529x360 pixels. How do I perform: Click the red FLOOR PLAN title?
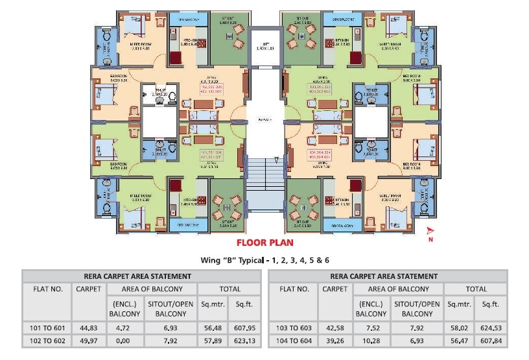point(264,243)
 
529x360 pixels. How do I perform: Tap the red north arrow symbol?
point(429,233)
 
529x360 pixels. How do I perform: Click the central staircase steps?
point(264,178)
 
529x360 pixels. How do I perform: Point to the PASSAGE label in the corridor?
point(264,120)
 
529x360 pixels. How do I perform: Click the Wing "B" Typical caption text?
point(264,260)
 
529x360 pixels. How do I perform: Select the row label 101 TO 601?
point(47,328)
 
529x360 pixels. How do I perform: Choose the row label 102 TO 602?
point(47,341)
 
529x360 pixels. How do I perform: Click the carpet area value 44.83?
point(88,328)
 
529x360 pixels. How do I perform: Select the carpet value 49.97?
point(88,341)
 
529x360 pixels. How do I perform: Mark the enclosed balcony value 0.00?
point(124,341)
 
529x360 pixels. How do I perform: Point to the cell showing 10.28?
point(371,341)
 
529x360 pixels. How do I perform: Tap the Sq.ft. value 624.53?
point(490,328)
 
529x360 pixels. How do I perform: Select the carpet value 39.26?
point(335,341)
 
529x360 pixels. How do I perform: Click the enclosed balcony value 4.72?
point(124,328)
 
